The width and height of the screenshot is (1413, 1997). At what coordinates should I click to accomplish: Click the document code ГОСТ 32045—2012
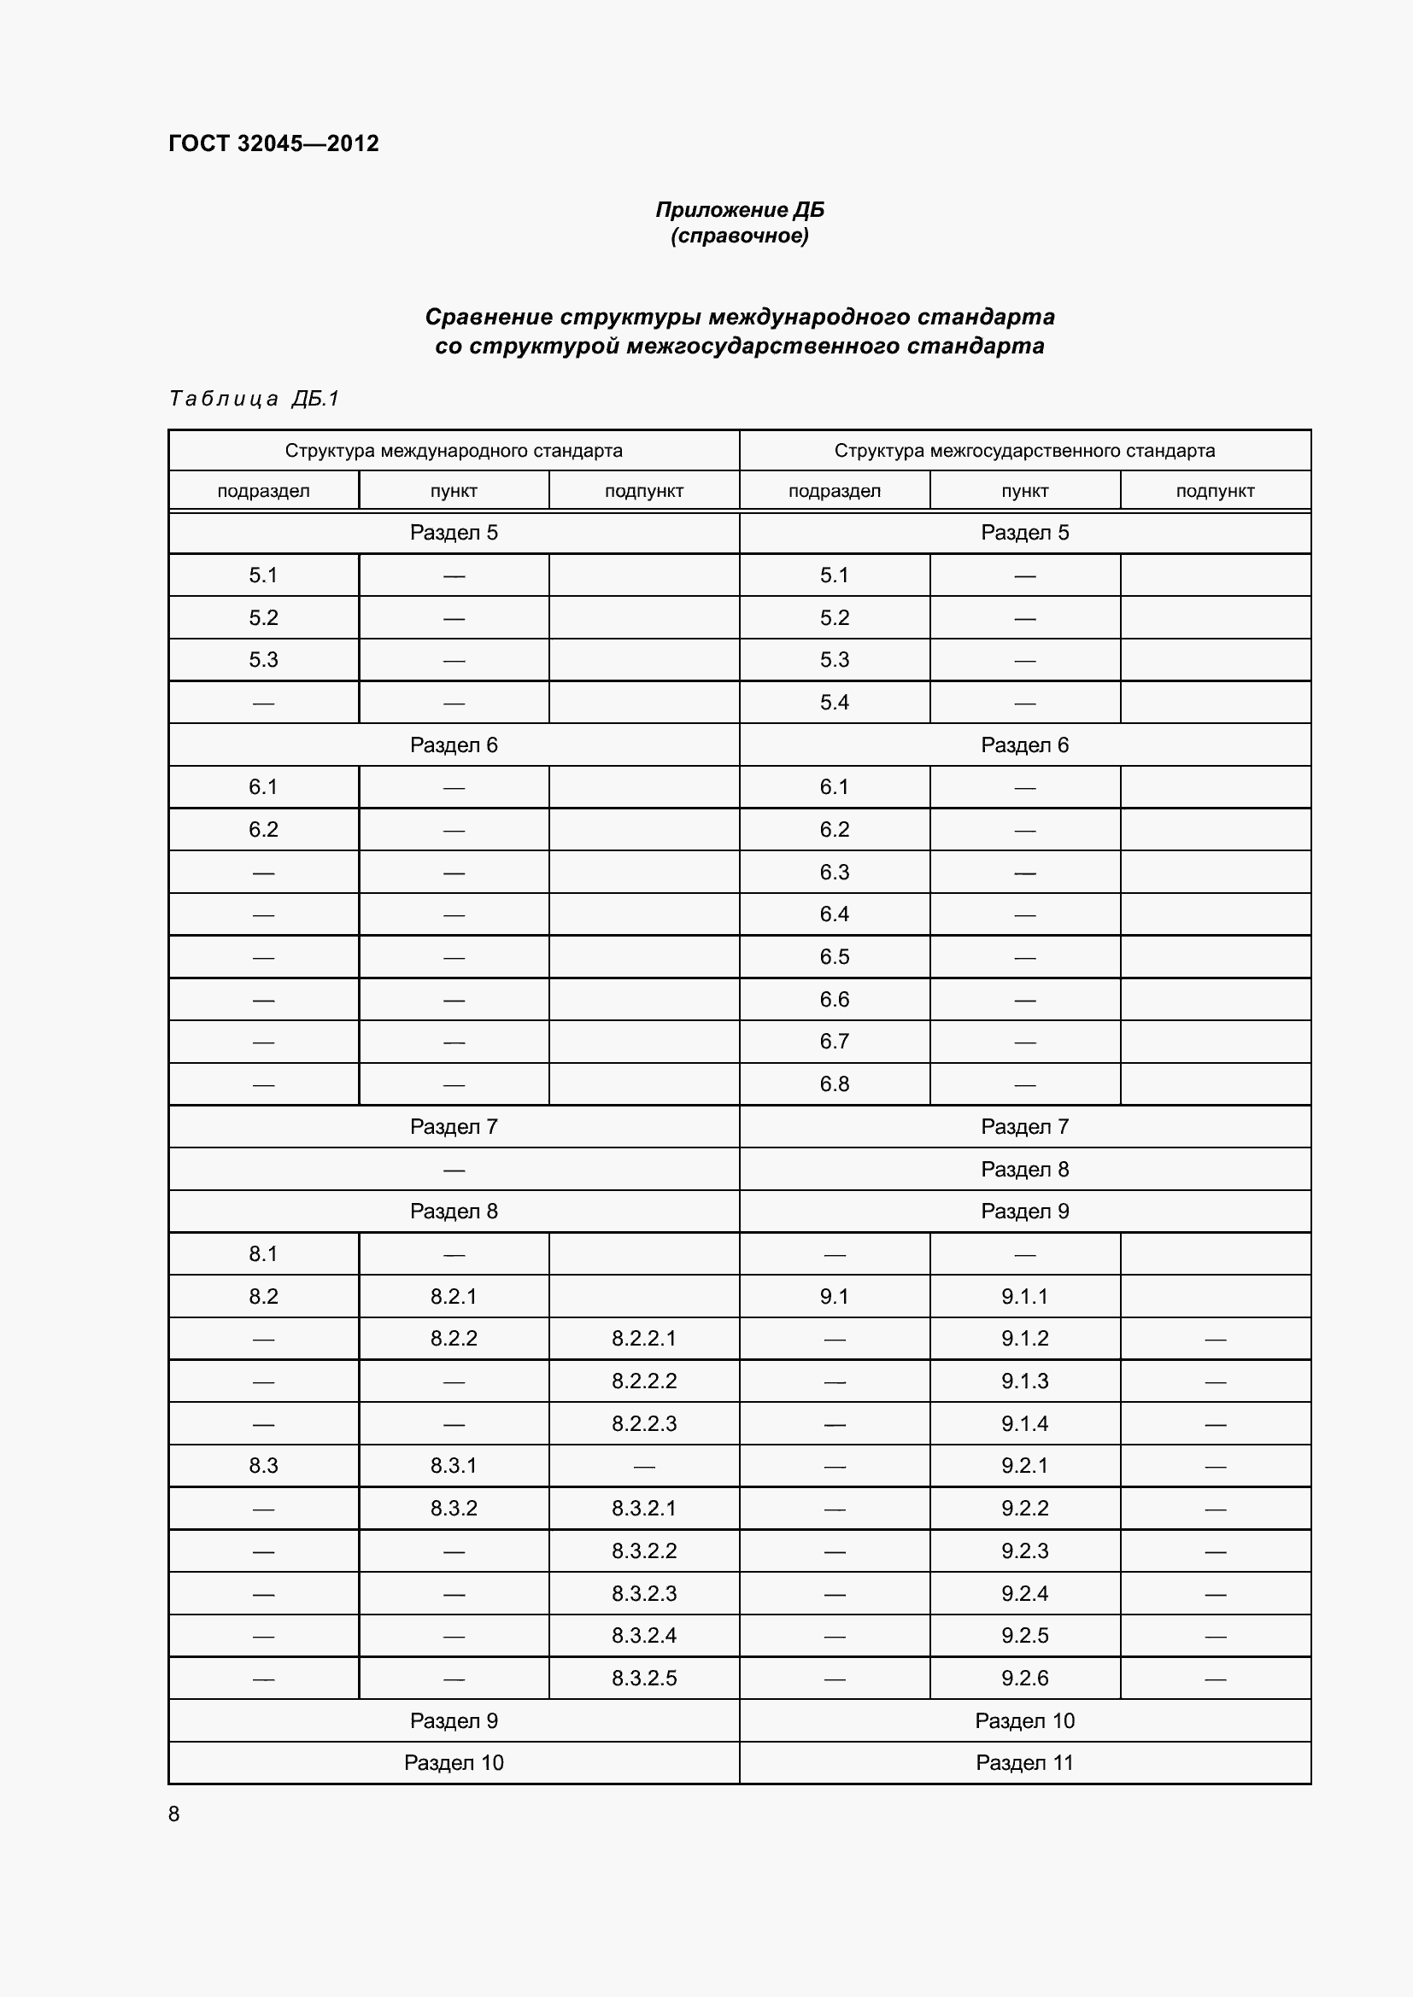click(x=273, y=143)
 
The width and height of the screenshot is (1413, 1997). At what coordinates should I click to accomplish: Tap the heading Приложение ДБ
click(x=740, y=210)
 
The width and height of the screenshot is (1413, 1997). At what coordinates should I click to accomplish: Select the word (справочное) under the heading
click(x=740, y=236)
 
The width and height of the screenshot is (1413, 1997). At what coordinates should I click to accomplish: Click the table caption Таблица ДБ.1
click(x=254, y=399)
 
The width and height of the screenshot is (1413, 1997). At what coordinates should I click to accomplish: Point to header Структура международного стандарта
click(x=454, y=451)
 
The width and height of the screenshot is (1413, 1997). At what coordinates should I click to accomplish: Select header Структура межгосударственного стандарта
click(x=1024, y=451)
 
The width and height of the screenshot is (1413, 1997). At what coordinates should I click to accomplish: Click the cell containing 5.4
click(x=834, y=702)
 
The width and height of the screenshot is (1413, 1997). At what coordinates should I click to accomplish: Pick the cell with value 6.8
click(x=834, y=1083)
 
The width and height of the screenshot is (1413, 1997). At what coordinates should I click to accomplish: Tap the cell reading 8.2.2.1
click(x=644, y=1338)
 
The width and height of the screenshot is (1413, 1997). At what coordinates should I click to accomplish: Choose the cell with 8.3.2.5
click(x=644, y=1678)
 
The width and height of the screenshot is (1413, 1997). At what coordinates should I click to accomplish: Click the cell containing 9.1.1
click(x=1024, y=1296)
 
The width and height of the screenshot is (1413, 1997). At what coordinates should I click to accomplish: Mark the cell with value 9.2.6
click(x=1024, y=1678)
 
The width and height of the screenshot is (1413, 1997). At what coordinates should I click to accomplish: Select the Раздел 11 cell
click(x=1024, y=1762)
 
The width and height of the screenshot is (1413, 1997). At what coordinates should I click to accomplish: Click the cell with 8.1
click(x=263, y=1253)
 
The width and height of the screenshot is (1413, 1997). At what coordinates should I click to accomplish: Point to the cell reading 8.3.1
click(x=454, y=1466)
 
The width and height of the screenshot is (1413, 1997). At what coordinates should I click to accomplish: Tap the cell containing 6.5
click(x=834, y=957)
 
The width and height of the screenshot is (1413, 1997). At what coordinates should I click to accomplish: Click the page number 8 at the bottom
click(x=174, y=1813)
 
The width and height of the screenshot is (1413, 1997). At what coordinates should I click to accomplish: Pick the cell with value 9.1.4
click(x=1024, y=1424)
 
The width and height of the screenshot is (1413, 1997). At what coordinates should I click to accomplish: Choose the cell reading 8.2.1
click(x=454, y=1296)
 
